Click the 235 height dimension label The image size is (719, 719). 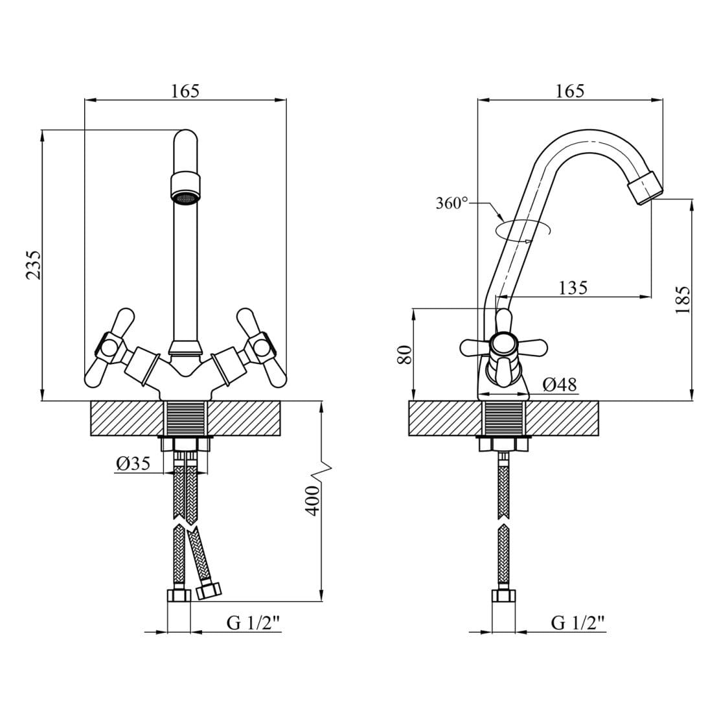pos(34,265)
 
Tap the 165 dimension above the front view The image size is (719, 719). pos(186,91)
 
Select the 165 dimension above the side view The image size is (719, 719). pos(570,91)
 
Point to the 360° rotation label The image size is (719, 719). pos(451,203)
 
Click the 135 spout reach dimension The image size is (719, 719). pos(573,288)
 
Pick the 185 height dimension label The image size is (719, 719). pos(683,300)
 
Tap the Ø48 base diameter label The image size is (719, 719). pos(560,384)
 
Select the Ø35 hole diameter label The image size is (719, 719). pos(133,464)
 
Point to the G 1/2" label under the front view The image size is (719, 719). pos(253,623)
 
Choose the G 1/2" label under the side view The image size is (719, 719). pos(578,623)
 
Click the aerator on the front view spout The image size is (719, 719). pos(186,188)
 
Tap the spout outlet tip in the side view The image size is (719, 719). pos(646,188)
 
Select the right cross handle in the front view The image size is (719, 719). pos(260,348)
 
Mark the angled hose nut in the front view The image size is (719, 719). pos(209,590)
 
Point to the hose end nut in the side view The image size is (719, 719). pos(503,596)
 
